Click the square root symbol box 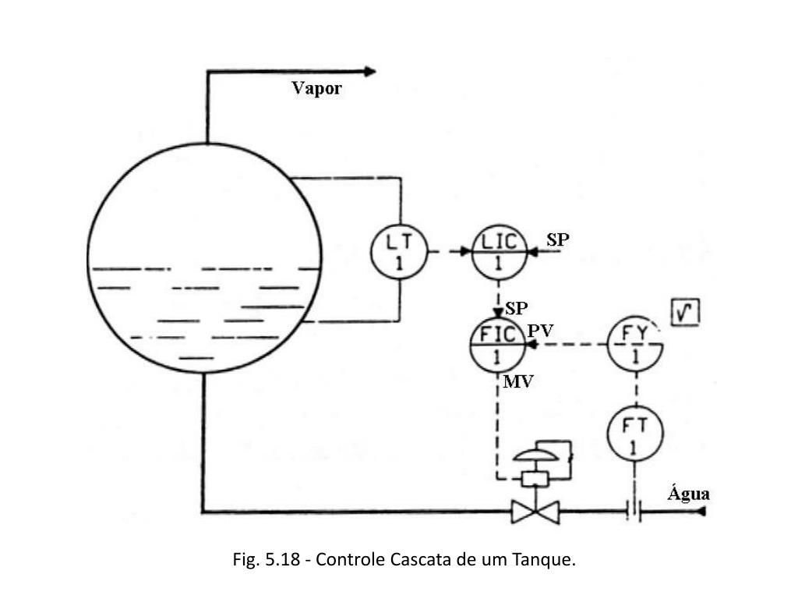[686, 312]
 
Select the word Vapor [316, 88]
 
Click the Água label [689, 493]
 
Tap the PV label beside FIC [540, 331]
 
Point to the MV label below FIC [518, 381]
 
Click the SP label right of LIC [558, 239]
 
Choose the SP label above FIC [516, 308]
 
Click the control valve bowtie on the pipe [535, 512]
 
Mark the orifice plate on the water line [634, 510]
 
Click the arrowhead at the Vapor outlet [370, 72]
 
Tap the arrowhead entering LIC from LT [466, 252]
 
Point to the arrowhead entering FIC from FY [531, 345]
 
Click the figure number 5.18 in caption [282, 559]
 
